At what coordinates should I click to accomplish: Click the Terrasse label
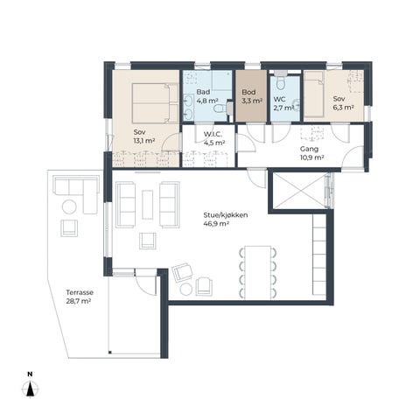[x=80, y=292]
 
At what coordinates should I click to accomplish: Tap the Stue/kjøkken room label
[x=226, y=215]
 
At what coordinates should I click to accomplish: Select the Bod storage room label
[x=248, y=92]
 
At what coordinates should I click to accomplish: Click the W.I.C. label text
[x=213, y=135]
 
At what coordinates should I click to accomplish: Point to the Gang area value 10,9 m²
[x=312, y=157]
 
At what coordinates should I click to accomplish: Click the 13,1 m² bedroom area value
[x=144, y=141]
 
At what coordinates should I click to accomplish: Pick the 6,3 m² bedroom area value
[x=344, y=108]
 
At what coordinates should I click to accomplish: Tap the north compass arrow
[x=30, y=389]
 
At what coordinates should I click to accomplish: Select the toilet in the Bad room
[x=220, y=108]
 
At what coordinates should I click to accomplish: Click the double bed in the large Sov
[x=155, y=103]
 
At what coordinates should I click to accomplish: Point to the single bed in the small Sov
[x=314, y=94]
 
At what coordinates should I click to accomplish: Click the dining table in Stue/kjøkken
[x=258, y=272]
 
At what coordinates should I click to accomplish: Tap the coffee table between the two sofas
[x=148, y=205]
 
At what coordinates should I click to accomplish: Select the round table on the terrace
[x=69, y=207]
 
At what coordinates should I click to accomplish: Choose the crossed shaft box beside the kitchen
[x=299, y=191]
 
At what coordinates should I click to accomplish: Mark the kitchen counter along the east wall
[x=319, y=254]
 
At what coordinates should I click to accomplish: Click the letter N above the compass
[x=30, y=374]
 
